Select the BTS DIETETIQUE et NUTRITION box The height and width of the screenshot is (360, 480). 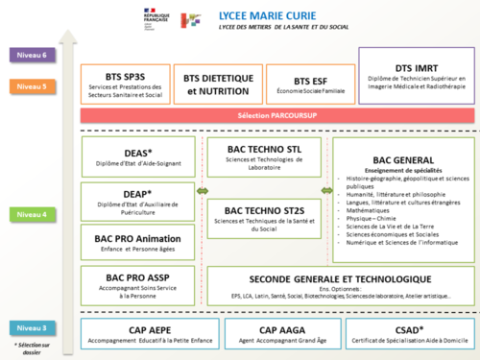(218, 84)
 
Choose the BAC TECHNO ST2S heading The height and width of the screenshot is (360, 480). (263, 210)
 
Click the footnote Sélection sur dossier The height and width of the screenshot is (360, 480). (30, 348)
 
